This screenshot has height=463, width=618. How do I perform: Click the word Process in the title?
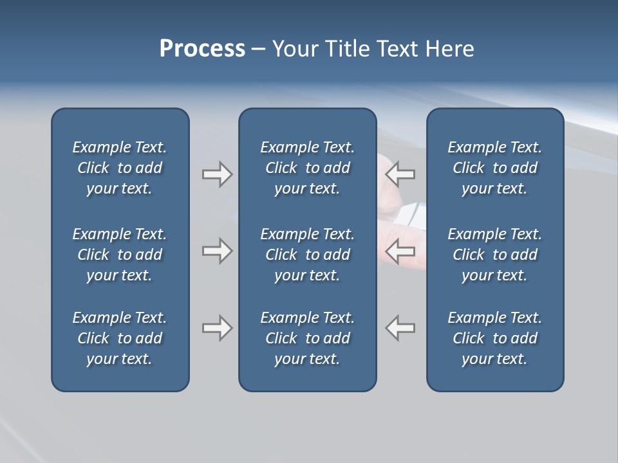coord(202,49)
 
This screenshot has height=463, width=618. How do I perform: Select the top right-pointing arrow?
coord(217,174)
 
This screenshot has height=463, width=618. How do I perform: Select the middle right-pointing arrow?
coord(217,251)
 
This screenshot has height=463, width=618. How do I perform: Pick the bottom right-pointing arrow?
coord(217,328)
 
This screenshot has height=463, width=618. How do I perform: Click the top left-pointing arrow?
coord(400,174)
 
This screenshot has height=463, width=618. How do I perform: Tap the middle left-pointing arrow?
coord(400,251)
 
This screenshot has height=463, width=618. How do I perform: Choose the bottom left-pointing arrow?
coord(400,328)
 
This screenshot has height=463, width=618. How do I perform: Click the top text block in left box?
coord(120,168)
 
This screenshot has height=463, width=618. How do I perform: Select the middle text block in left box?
coord(120,255)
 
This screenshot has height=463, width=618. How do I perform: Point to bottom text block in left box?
coord(120,338)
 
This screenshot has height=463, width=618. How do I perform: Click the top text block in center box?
coord(307,168)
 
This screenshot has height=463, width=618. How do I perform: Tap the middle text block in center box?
coord(307,255)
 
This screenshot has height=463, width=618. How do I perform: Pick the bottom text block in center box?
coord(307,338)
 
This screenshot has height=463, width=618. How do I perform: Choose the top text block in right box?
coord(494,168)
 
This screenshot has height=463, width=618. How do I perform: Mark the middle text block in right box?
coord(494,255)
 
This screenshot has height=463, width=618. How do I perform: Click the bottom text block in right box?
coord(494,338)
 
